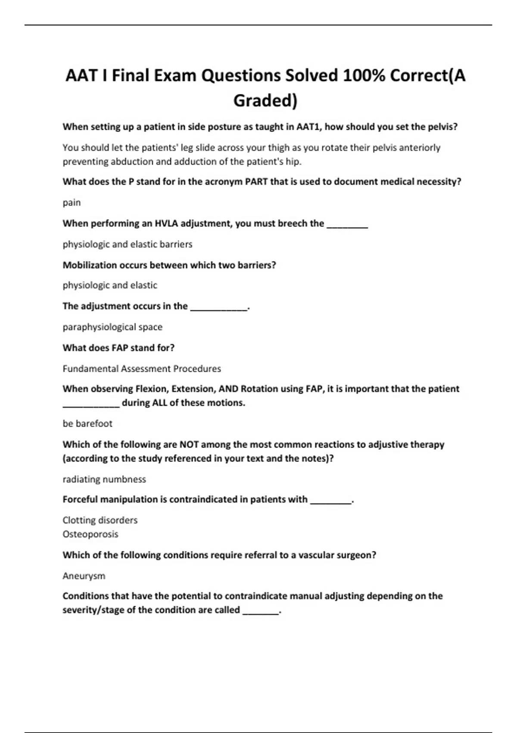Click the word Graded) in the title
tap(265, 100)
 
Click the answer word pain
tap(72, 203)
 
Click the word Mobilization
tap(90, 265)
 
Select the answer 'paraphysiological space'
tap(112, 327)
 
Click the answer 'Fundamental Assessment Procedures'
tap(142, 369)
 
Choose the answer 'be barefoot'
tap(87, 423)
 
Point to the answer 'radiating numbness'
tap(104, 479)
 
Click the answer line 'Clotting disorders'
tap(100, 520)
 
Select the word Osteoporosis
tap(90, 534)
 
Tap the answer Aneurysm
tap(84, 576)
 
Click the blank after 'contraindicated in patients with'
tap(330, 501)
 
